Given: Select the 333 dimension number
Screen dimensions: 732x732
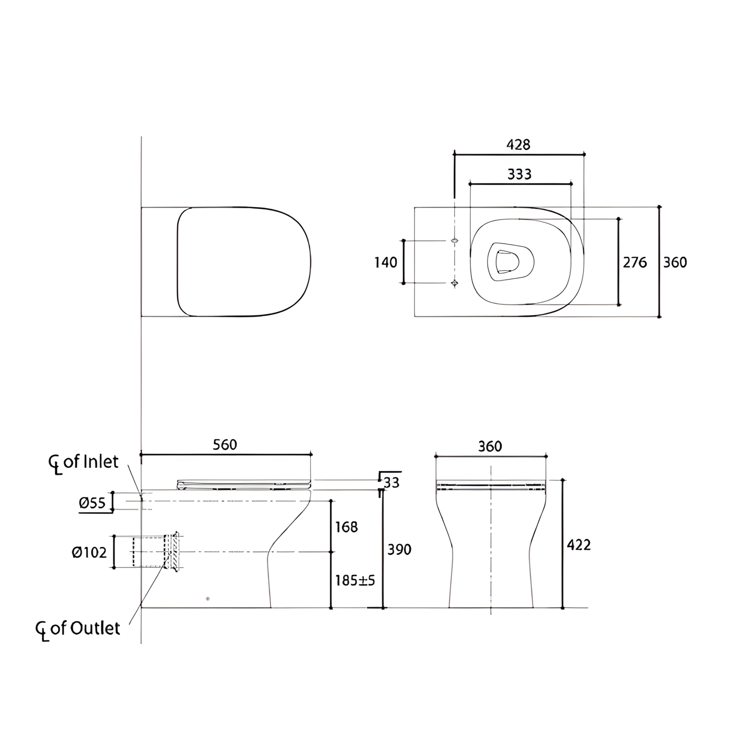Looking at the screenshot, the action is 519,174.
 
